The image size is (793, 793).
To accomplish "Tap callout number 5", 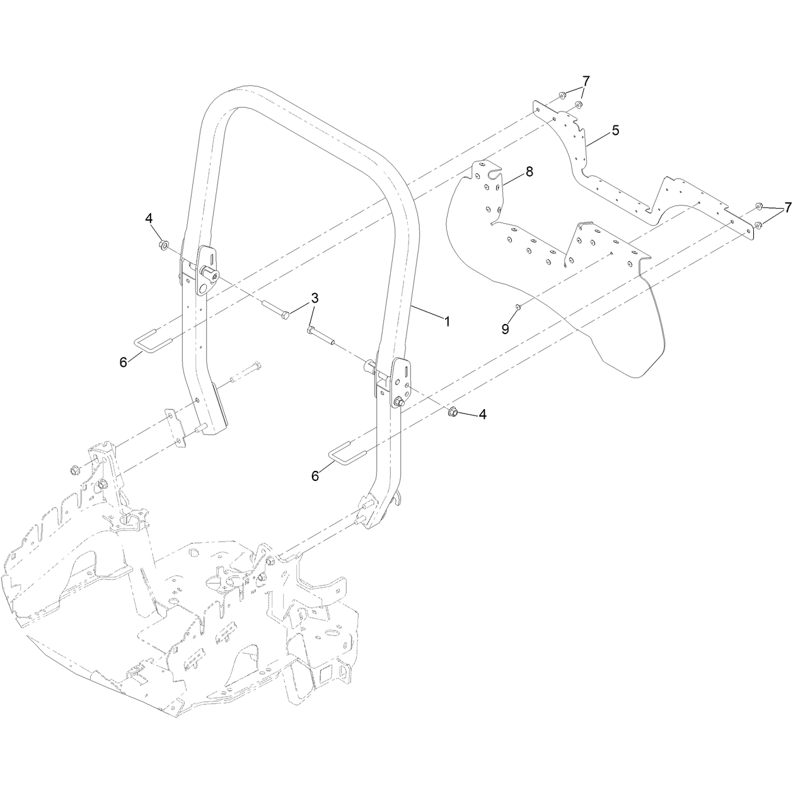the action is pyautogui.click(x=615, y=130).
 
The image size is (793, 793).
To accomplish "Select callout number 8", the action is pyautogui.click(x=530, y=171).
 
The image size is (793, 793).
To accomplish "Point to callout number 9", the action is pyautogui.click(x=505, y=328).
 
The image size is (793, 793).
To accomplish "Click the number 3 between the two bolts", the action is pyautogui.click(x=315, y=298).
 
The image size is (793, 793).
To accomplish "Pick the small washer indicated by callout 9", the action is pyautogui.click(x=518, y=306).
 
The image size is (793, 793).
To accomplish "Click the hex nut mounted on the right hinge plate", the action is pyautogui.click(x=398, y=402).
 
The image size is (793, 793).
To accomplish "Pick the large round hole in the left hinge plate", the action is pyautogui.click(x=202, y=288).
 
